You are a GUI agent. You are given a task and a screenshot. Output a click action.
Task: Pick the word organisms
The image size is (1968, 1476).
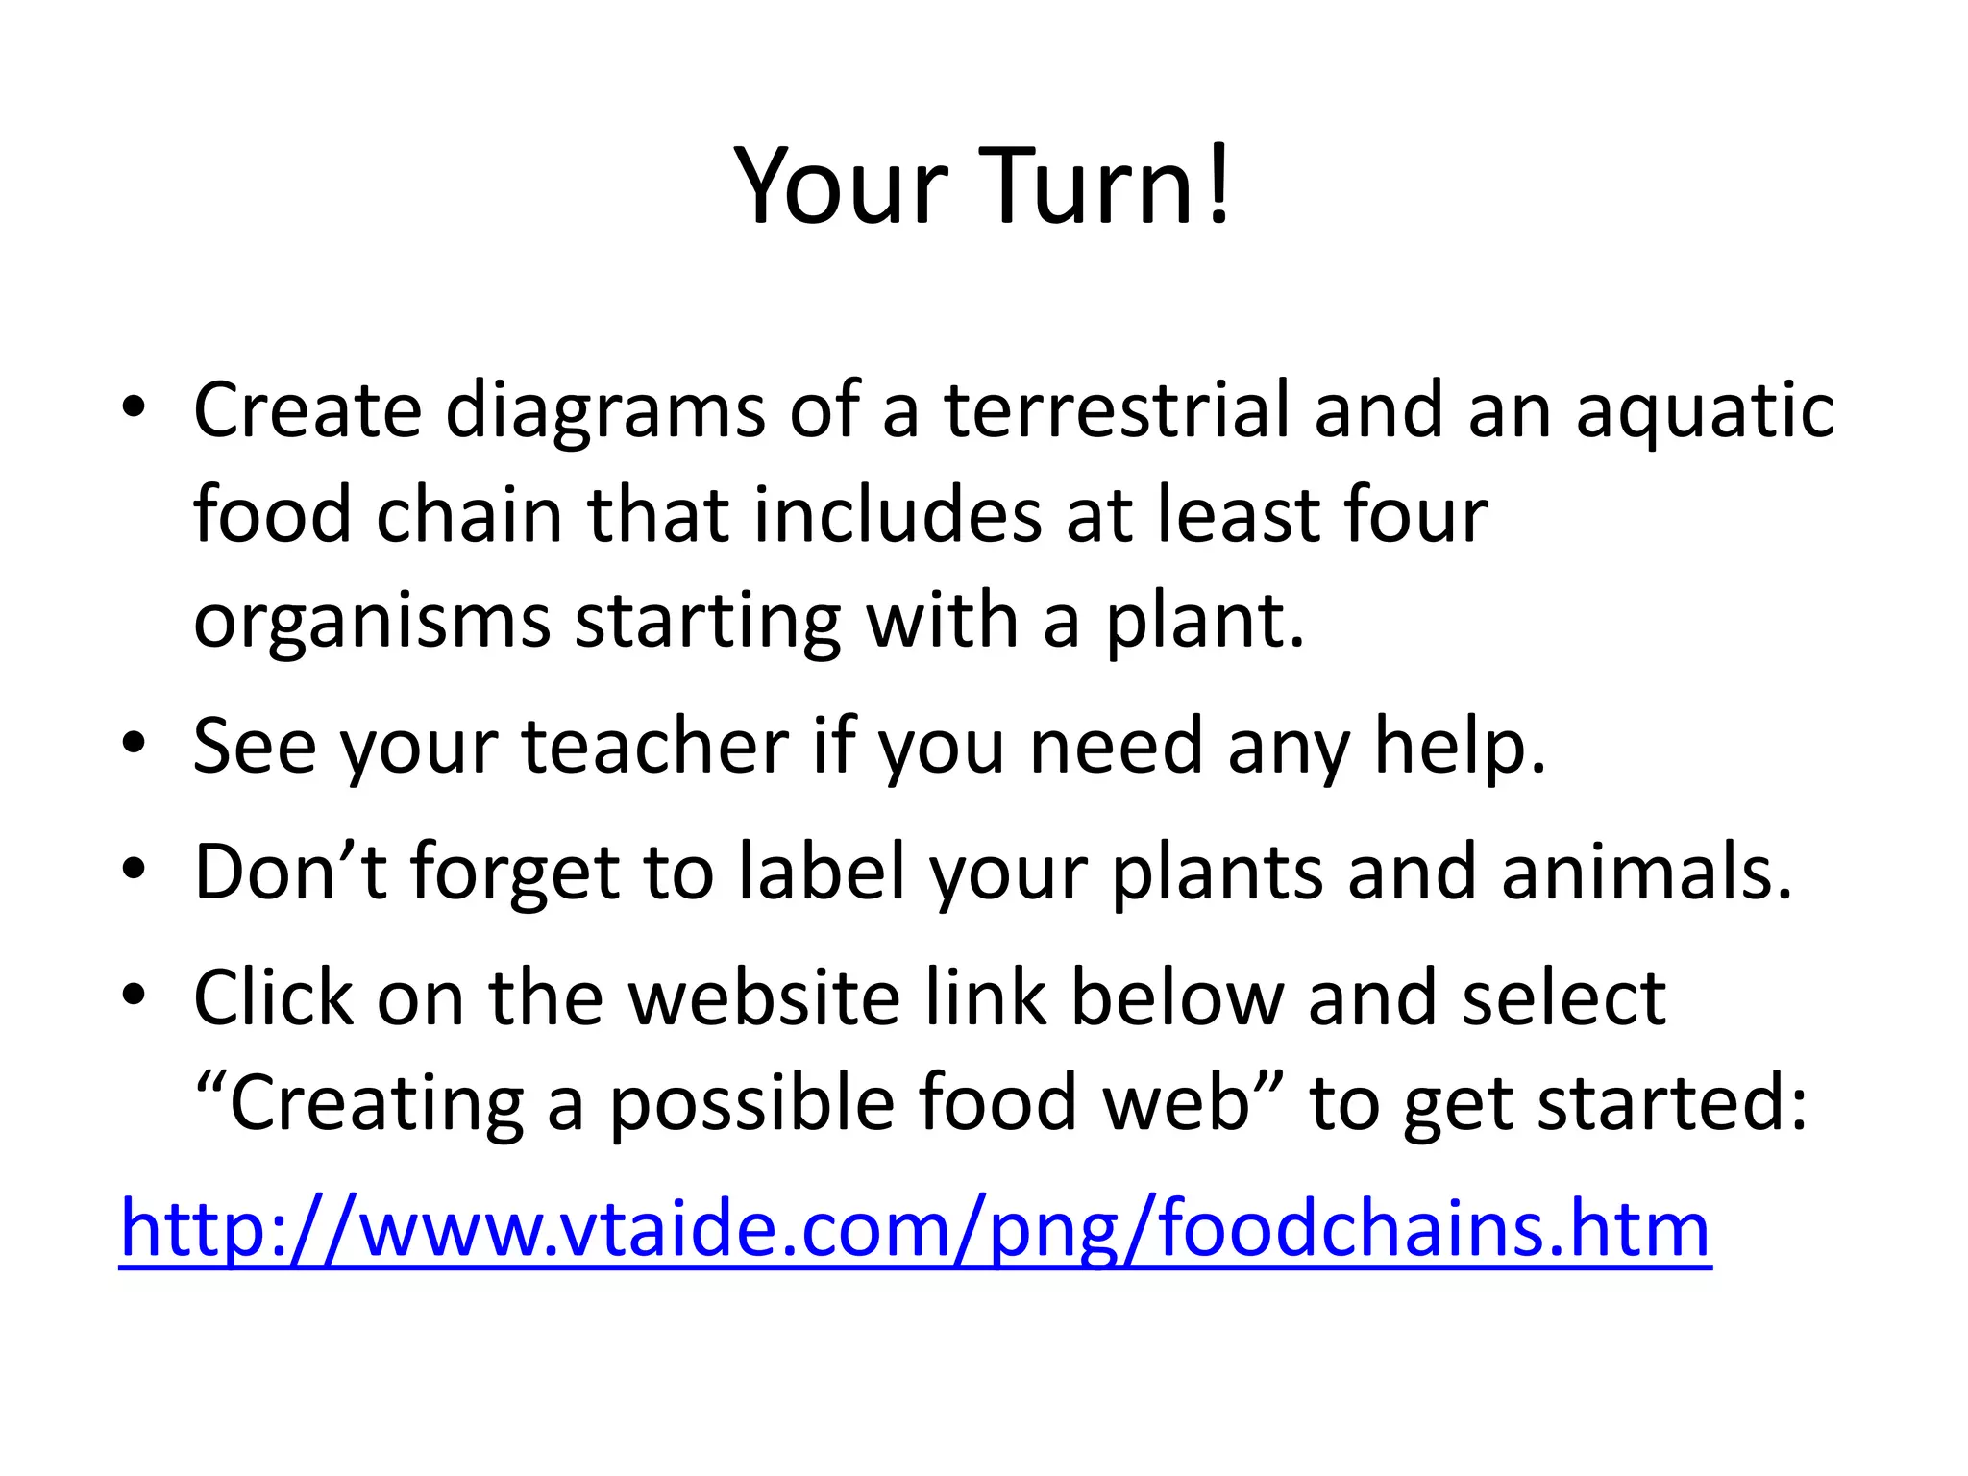(372, 623)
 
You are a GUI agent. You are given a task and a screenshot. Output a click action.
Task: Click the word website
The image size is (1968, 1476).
(764, 997)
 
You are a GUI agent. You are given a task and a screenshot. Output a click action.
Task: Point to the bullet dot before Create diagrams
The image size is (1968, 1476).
(134, 407)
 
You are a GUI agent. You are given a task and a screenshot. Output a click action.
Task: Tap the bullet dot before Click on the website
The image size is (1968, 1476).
(134, 995)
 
